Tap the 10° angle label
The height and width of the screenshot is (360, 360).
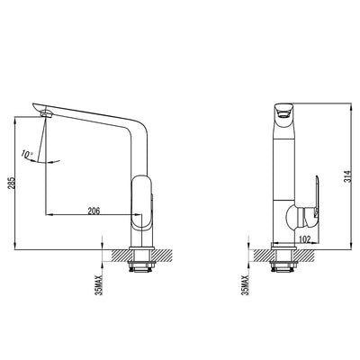tap(29, 154)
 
